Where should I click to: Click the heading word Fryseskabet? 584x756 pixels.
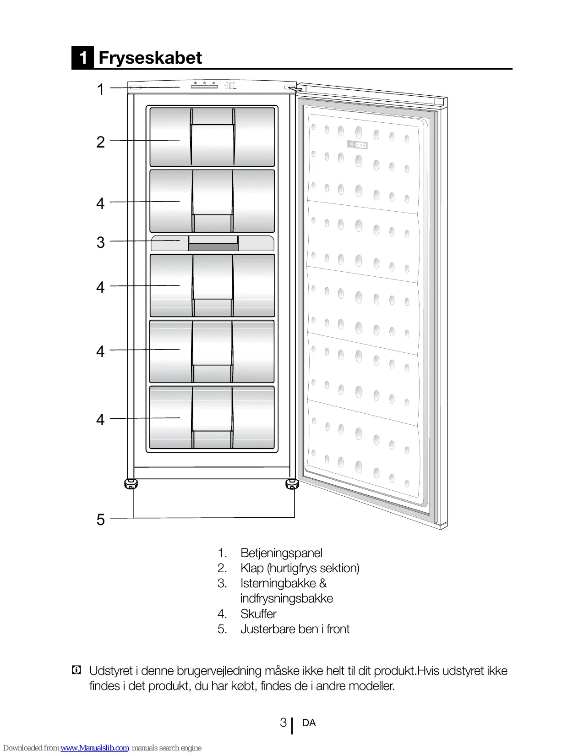coord(150,58)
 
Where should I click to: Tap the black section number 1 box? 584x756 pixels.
coord(83,58)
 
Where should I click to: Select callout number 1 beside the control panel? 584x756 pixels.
coord(101,89)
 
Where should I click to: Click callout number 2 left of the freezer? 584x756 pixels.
coord(101,142)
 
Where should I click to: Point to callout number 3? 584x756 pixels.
coord(101,242)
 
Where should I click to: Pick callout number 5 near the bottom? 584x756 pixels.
coord(101,520)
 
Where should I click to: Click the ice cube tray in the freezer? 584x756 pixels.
coord(213,243)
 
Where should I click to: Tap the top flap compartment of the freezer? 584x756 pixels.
coord(213,137)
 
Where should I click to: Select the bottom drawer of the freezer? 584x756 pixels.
coord(213,418)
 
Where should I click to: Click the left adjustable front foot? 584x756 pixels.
coord(131,484)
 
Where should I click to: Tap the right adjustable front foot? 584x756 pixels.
coord(292,484)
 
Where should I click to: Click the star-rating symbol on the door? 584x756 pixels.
coord(357,145)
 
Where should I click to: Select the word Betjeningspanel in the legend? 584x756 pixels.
coord(281,553)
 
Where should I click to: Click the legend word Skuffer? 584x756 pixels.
coord(258,614)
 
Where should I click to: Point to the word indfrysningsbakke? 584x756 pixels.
coord(286,598)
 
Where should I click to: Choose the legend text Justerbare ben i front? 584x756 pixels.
coord(295,629)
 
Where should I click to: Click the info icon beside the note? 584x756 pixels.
coord(76,670)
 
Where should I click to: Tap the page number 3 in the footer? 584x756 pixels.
coord(283,723)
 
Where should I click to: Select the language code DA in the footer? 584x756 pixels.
coord(309,723)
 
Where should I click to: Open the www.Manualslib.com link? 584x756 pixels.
coord(95,748)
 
